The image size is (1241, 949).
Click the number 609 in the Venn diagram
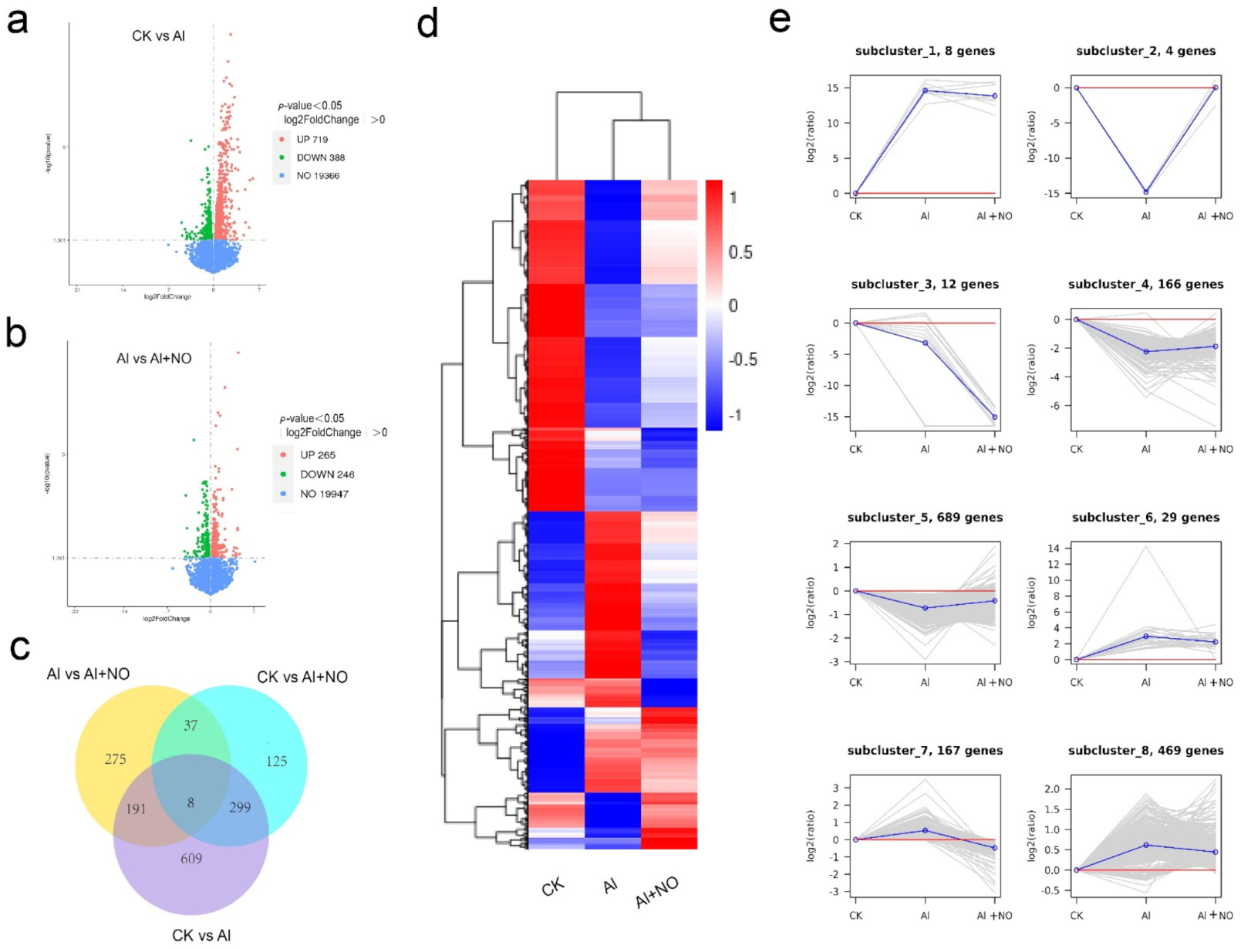tap(191, 858)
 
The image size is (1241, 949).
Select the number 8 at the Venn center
tap(191, 802)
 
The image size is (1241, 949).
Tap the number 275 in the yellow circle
tap(116, 759)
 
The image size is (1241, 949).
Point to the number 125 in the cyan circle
tap(276, 762)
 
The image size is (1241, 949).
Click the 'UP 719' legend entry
tap(312, 140)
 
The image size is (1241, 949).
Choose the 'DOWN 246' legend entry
tap(326, 474)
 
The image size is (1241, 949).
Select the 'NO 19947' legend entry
tap(324, 494)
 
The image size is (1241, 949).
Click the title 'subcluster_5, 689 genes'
tap(925, 517)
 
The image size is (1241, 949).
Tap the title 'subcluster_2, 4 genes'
tap(1145, 51)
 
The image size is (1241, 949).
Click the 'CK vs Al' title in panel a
tap(158, 36)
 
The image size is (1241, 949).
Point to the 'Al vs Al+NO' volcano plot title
tap(153, 359)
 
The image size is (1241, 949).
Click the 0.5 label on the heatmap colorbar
tap(740, 252)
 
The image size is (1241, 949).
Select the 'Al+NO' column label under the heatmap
tap(657, 893)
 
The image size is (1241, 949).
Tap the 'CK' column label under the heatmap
tap(553, 888)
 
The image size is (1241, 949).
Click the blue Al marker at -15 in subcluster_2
tap(1145, 191)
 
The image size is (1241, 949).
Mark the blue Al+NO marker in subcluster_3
tap(995, 417)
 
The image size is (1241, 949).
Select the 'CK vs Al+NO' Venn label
tap(302, 677)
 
